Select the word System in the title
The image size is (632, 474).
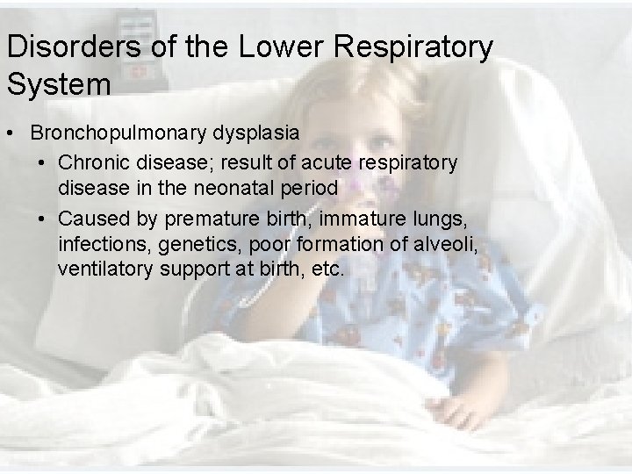pyautogui.click(x=59, y=85)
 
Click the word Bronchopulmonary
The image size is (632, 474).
pyautogui.click(x=120, y=133)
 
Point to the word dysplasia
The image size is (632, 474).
pyautogui.click(x=258, y=133)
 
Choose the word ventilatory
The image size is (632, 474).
pyautogui.click(x=105, y=268)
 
